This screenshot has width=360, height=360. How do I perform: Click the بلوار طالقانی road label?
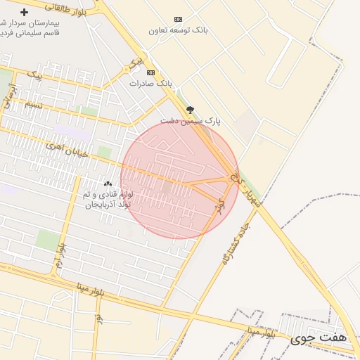point(66,8)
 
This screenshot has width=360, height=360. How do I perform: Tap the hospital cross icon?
point(25,13)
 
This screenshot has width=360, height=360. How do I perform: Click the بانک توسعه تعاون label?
point(179,30)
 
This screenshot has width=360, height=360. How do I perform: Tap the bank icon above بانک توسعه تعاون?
point(178,19)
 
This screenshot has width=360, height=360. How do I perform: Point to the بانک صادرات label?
point(150,83)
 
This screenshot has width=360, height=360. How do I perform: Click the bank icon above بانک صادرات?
point(150,72)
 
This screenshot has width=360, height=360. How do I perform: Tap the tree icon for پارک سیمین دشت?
point(190,110)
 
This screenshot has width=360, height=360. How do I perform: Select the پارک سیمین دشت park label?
point(190,121)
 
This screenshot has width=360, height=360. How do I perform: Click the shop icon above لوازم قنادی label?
point(107,183)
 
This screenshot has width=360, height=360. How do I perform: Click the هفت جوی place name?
point(328,338)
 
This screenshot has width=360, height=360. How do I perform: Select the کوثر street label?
point(220,206)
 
